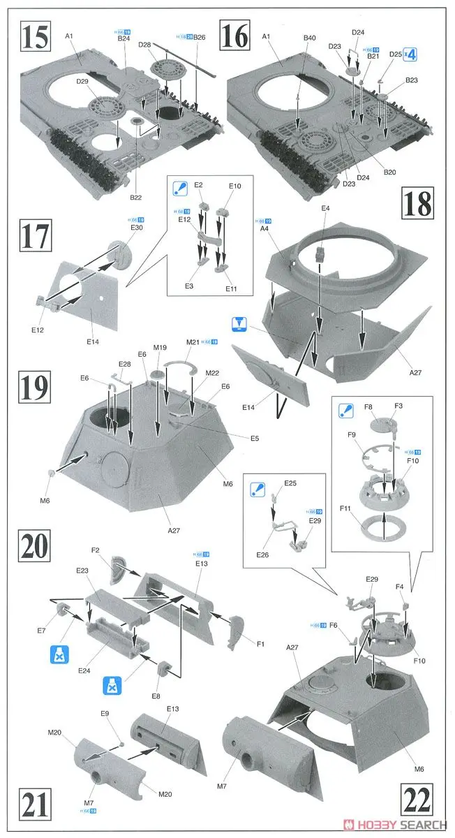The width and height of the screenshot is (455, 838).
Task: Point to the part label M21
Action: (193, 341)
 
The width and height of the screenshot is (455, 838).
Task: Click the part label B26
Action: (200, 37)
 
